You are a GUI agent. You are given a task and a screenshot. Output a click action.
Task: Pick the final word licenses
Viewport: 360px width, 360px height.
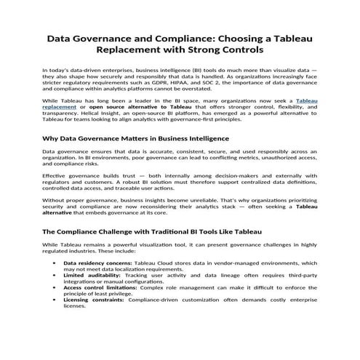[x=75, y=307]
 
